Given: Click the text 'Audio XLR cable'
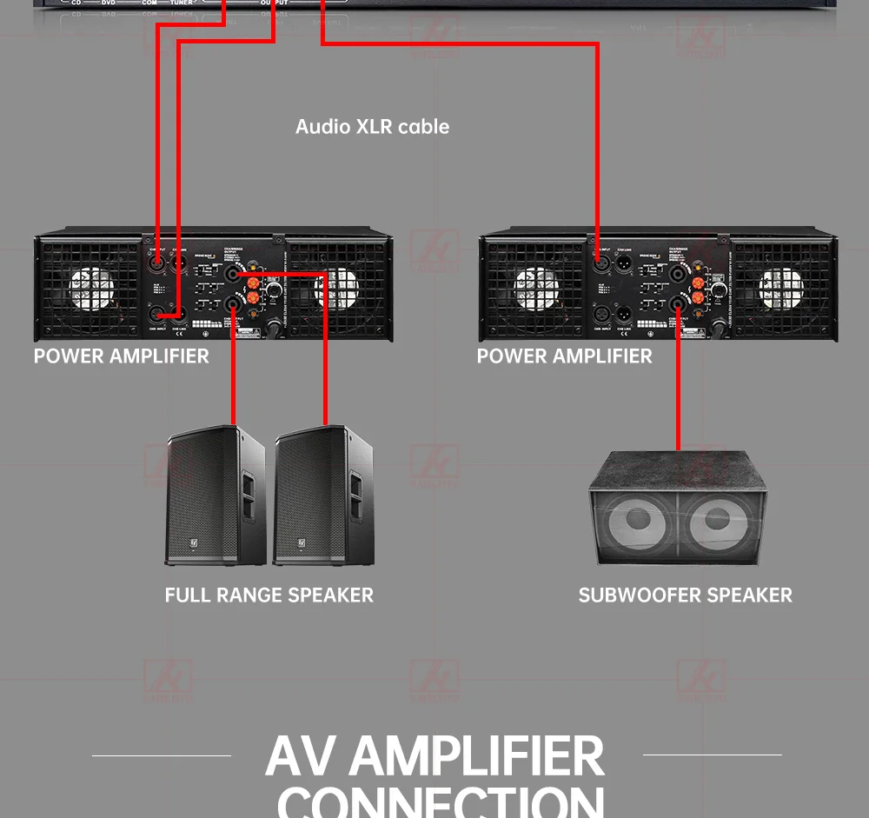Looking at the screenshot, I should [x=372, y=127].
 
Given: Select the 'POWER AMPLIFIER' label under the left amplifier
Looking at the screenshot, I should [x=122, y=356].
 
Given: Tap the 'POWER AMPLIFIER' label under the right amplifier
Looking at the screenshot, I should [x=564, y=356].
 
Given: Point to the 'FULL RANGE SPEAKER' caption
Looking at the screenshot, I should [x=269, y=595].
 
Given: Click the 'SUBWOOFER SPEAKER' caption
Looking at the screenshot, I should [x=686, y=595].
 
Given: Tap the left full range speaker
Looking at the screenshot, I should [x=215, y=495].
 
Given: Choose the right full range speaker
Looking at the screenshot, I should [x=323, y=495].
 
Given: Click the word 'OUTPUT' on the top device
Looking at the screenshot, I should [x=274, y=3].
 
